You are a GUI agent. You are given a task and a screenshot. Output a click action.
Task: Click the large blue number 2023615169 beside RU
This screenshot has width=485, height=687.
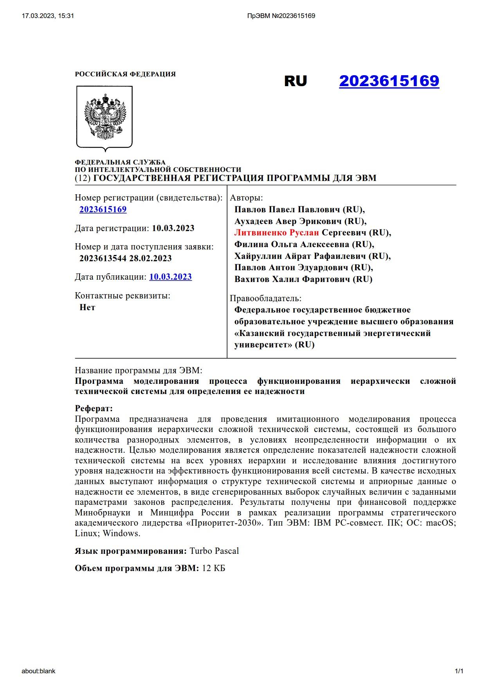(389, 81)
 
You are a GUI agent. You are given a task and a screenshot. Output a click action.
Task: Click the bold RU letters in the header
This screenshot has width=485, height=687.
(296, 81)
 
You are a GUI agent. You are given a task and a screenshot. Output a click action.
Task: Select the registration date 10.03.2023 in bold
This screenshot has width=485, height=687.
(173, 228)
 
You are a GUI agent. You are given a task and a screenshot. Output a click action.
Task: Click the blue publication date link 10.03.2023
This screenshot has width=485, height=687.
(170, 277)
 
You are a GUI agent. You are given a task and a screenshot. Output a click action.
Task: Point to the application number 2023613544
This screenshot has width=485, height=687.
(103, 259)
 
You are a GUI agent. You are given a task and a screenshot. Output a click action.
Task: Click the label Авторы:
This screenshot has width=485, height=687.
(247, 198)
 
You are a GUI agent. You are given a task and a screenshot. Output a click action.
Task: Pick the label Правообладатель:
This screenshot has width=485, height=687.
(266, 298)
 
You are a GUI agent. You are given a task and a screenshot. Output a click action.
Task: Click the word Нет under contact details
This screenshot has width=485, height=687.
(87, 307)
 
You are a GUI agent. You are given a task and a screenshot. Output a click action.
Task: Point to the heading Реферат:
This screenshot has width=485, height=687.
(94, 409)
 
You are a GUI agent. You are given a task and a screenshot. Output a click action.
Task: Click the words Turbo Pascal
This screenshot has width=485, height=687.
(214, 551)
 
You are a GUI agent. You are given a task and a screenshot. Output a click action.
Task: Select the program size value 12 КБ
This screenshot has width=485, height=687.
(214, 568)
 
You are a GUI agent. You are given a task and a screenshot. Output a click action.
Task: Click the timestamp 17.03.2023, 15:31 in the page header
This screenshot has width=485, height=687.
(48, 16)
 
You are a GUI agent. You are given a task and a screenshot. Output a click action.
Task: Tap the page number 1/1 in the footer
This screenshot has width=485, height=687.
(459, 671)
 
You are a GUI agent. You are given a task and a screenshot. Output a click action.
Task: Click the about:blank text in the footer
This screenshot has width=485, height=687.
(38, 671)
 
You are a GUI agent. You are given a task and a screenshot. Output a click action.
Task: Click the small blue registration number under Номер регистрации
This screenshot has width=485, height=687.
(103, 210)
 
